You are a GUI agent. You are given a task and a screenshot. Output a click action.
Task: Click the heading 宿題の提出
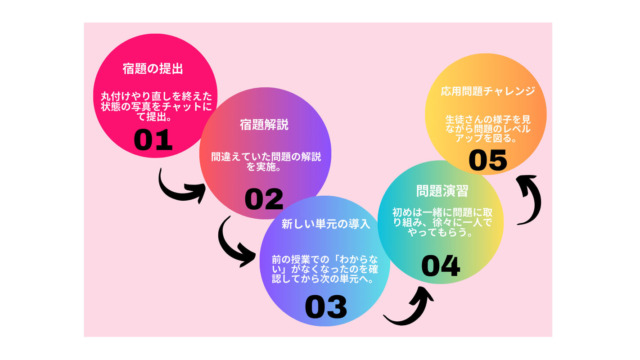[x=153, y=69]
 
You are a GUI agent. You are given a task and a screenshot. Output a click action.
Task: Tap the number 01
[x=153, y=140]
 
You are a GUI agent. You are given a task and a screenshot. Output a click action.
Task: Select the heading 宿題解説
[x=264, y=125]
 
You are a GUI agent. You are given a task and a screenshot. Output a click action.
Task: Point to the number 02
[x=264, y=199]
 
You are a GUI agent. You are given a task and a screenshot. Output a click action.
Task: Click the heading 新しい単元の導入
[x=326, y=224]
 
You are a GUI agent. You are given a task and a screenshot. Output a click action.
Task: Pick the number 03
[x=326, y=307]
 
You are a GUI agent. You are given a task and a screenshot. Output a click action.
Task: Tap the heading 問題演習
[x=442, y=191]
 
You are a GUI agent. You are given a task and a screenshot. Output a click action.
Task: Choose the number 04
[x=441, y=265]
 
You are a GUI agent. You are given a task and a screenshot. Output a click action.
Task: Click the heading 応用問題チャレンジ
[x=488, y=91]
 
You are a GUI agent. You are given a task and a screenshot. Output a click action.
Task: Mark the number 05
[x=488, y=160]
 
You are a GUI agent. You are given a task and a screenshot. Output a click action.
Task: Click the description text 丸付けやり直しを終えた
[x=156, y=96]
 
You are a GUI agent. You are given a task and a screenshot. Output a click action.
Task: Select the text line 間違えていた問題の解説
[x=266, y=157]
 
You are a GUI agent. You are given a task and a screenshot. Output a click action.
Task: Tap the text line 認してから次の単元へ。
[x=323, y=279]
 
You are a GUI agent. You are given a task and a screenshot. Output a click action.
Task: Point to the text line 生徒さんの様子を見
[x=488, y=119]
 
